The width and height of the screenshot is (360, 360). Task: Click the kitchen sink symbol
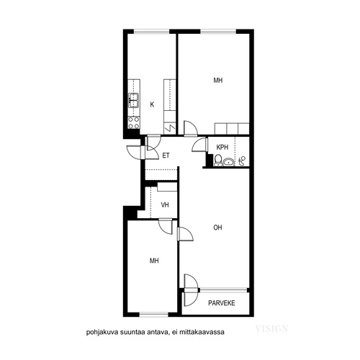click(x=134, y=101)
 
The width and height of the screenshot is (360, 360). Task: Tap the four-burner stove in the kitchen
click(x=134, y=122)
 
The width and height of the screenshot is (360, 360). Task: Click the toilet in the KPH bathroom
click(x=218, y=160)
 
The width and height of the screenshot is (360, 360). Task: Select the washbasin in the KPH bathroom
click(x=229, y=162)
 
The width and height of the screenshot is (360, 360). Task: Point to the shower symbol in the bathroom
click(x=242, y=161)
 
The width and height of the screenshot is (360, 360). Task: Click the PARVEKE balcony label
click(x=222, y=303)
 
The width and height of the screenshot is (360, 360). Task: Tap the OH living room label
click(x=217, y=228)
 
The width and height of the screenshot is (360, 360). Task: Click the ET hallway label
click(x=166, y=156)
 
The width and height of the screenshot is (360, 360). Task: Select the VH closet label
click(x=165, y=205)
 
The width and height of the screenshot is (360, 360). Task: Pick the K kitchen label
click(x=152, y=104)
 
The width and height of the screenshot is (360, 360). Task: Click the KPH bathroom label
click(x=222, y=147)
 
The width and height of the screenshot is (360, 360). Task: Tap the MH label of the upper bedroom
click(x=218, y=80)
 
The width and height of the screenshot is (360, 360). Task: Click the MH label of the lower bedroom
click(x=154, y=261)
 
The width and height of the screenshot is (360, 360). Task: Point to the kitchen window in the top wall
click(x=151, y=31)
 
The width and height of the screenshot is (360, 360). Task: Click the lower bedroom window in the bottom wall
click(x=154, y=315)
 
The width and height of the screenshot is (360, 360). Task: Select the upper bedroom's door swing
click(x=191, y=128)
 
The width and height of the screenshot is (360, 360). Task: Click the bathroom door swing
click(x=199, y=145)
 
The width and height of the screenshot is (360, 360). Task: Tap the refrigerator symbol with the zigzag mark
click(x=170, y=128)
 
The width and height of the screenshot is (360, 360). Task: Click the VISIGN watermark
click(x=271, y=328)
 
